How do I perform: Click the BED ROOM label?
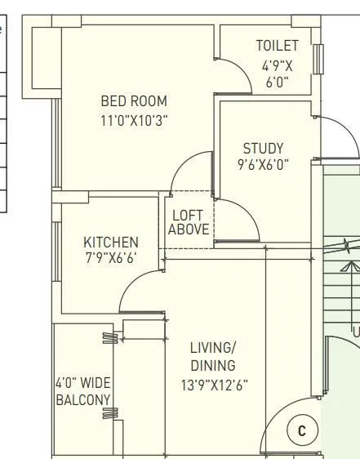tap(133, 101)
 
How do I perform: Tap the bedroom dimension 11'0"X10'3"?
tap(133, 120)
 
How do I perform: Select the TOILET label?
tap(277, 46)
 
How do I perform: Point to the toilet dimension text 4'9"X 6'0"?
tap(277, 74)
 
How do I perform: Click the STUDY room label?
tap(263, 149)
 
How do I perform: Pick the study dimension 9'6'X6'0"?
tap(263, 165)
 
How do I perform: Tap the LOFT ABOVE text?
tap(189, 222)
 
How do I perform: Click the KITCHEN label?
tap(111, 243)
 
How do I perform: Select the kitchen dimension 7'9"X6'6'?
tap(111, 259)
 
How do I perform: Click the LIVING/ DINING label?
tap(213, 355)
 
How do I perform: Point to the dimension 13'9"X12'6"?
tap(213, 385)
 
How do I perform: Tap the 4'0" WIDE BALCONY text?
tap(82, 390)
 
